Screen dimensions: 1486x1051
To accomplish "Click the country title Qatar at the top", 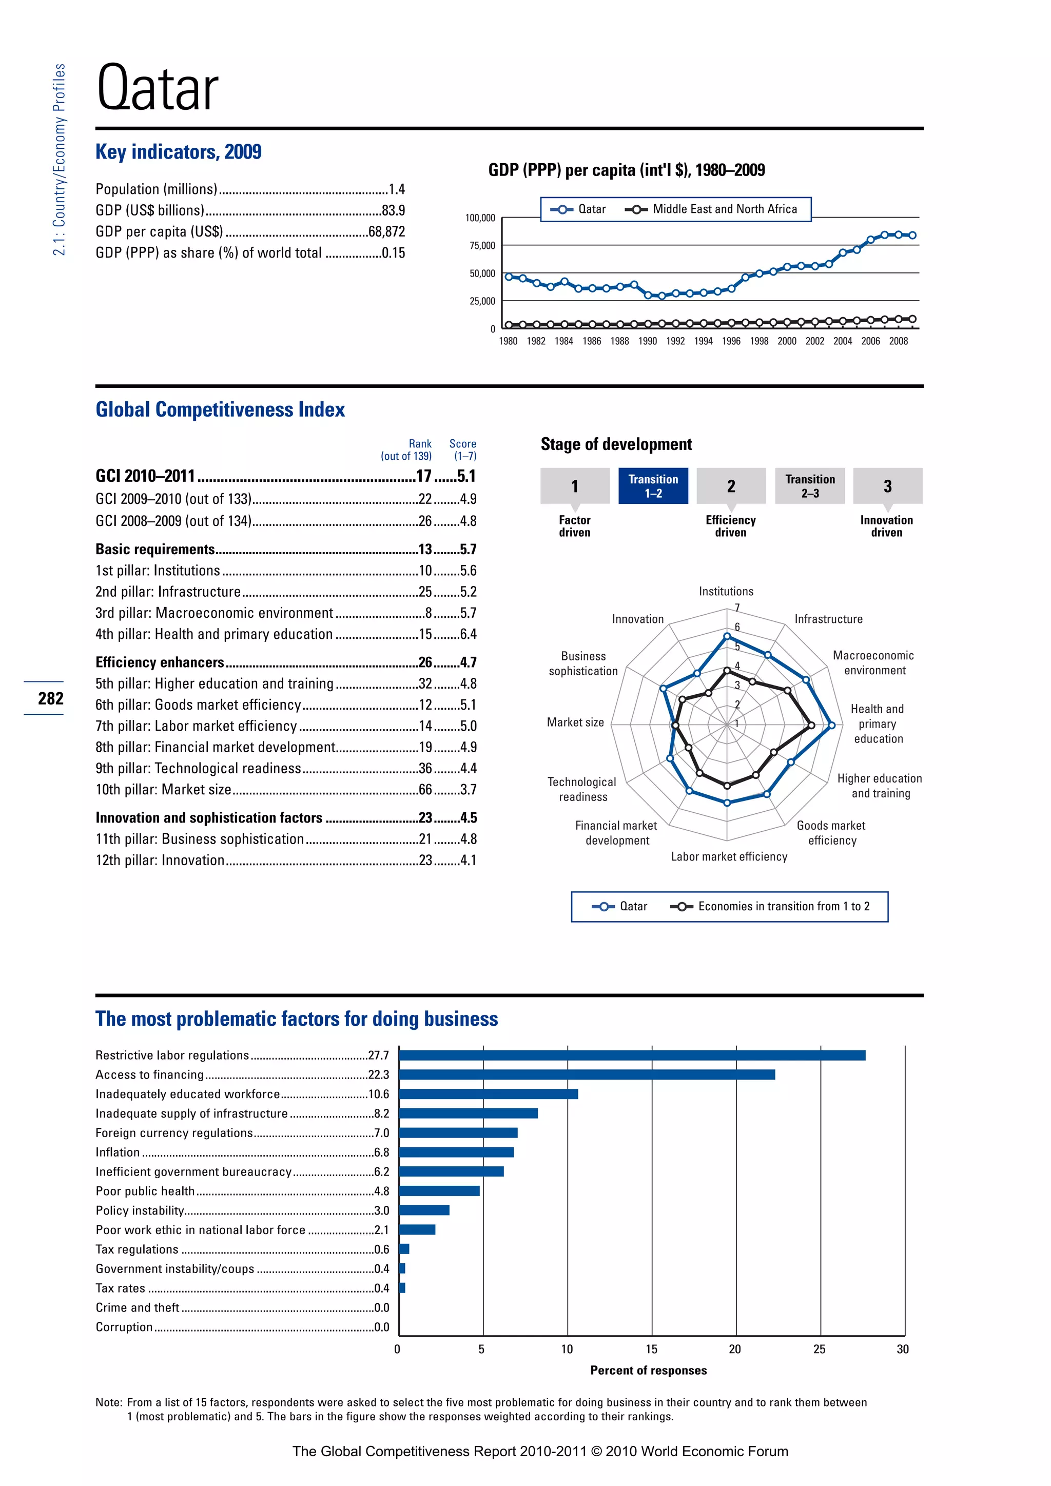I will (157, 89).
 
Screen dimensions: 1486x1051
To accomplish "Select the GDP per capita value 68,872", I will (386, 232).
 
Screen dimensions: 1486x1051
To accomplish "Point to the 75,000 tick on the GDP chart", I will (482, 246).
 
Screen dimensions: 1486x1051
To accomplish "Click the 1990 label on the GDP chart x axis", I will (647, 341).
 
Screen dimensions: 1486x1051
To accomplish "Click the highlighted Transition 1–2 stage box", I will (653, 485).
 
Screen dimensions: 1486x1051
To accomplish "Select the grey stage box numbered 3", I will (887, 485).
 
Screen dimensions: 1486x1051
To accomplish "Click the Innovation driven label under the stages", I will (886, 526).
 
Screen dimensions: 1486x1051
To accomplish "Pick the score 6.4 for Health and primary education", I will (468, 634).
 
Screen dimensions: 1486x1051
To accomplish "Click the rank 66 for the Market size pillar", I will (425, 790).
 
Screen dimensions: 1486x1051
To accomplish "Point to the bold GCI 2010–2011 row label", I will (146, 476).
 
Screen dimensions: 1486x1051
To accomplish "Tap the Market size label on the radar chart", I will (575, 722).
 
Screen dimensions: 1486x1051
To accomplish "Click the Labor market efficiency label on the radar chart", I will (729, 857).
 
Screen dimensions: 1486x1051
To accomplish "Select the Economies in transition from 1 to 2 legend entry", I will (783, 907).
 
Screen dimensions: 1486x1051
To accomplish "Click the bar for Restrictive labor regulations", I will (632, 1055).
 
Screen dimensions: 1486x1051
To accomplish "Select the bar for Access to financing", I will (587, 1075).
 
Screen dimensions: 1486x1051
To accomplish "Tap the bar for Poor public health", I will (439, 1191).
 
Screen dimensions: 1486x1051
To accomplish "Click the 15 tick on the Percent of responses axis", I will (651, 1350).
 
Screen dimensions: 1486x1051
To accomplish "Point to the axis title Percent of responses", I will (649, 1370).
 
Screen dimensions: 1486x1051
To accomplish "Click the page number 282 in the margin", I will (50, 698).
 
